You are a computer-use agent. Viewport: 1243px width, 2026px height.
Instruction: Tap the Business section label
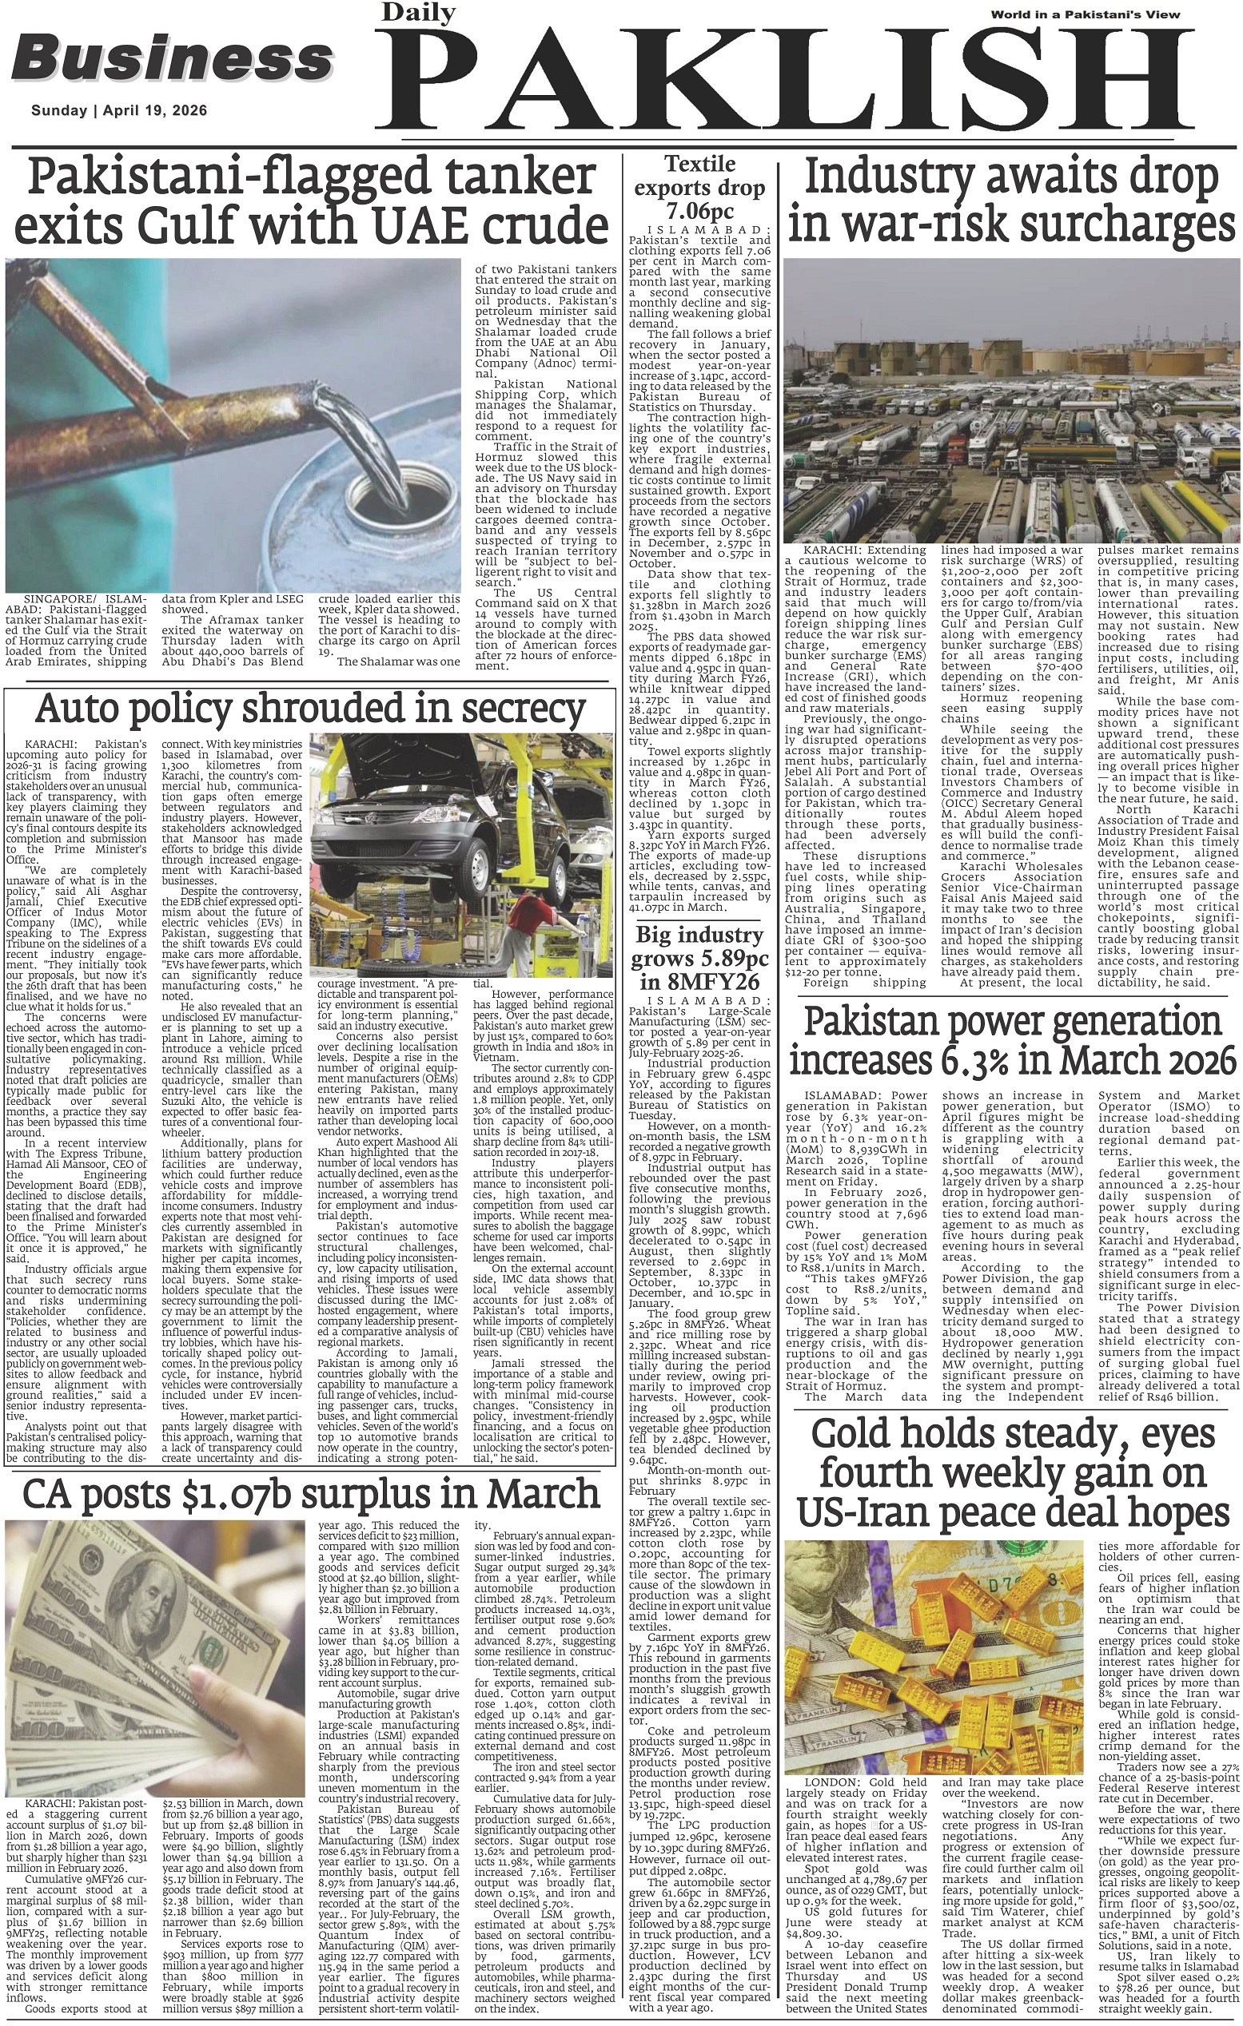[172, 59]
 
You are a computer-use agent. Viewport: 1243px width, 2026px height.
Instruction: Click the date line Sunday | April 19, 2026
[119, 111]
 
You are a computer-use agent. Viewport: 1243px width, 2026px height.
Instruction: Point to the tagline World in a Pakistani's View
[1085, 14]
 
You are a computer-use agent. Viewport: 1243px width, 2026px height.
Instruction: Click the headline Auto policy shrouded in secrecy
[310, 708]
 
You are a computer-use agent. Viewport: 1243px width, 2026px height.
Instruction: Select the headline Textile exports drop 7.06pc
[700, 187]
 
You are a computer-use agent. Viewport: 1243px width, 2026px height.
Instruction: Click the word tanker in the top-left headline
[517, 177]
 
